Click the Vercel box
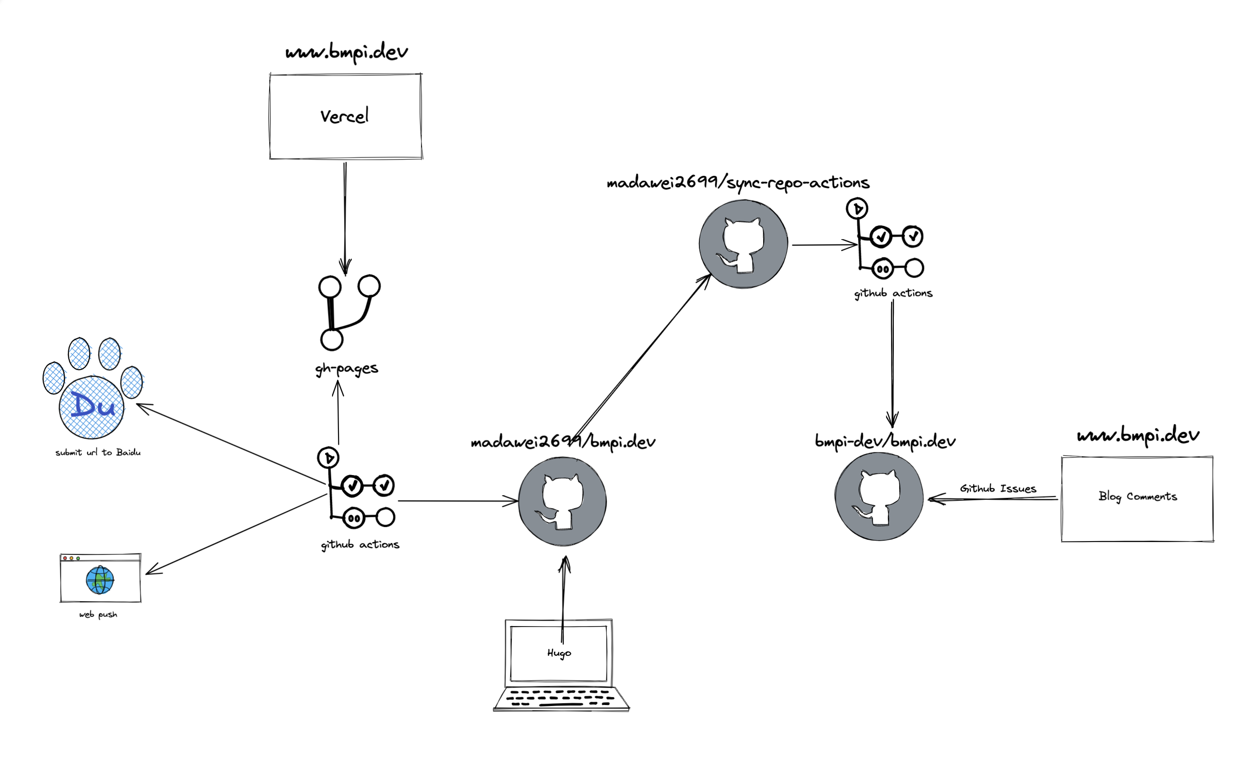point(345,117)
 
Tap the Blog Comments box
point(1137,499)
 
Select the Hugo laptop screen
point(559,653)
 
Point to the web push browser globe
point(100,580)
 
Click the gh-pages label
point(347,369)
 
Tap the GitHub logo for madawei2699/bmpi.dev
point(562,502)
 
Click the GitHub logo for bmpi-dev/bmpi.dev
point(879,497)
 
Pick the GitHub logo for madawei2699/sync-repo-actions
point(743,244)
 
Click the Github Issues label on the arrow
point(998,488)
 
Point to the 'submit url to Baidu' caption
point(98,453)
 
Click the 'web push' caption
point(98,614)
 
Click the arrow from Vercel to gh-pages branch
point(345,217)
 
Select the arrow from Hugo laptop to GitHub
point(564,590)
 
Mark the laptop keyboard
point(560,698)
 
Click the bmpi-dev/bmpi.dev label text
point(885,442)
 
